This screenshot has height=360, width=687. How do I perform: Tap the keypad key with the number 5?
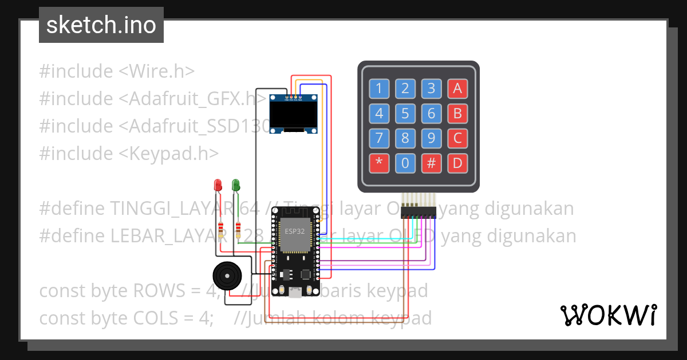pos(405,113)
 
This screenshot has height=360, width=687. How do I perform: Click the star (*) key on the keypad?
pos(378,163)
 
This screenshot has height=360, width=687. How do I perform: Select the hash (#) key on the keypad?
pos(431,163)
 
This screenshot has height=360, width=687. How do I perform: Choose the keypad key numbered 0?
pos(405,163)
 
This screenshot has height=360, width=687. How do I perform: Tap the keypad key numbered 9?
pos(431,138)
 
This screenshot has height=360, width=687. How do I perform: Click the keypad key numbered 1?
pos(378,88)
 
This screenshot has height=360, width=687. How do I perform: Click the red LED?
pos(218,185)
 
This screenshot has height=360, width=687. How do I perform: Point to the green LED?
pos(235,185)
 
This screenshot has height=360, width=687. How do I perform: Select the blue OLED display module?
pos(294,114)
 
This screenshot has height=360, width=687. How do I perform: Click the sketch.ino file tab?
pos(101,25)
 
